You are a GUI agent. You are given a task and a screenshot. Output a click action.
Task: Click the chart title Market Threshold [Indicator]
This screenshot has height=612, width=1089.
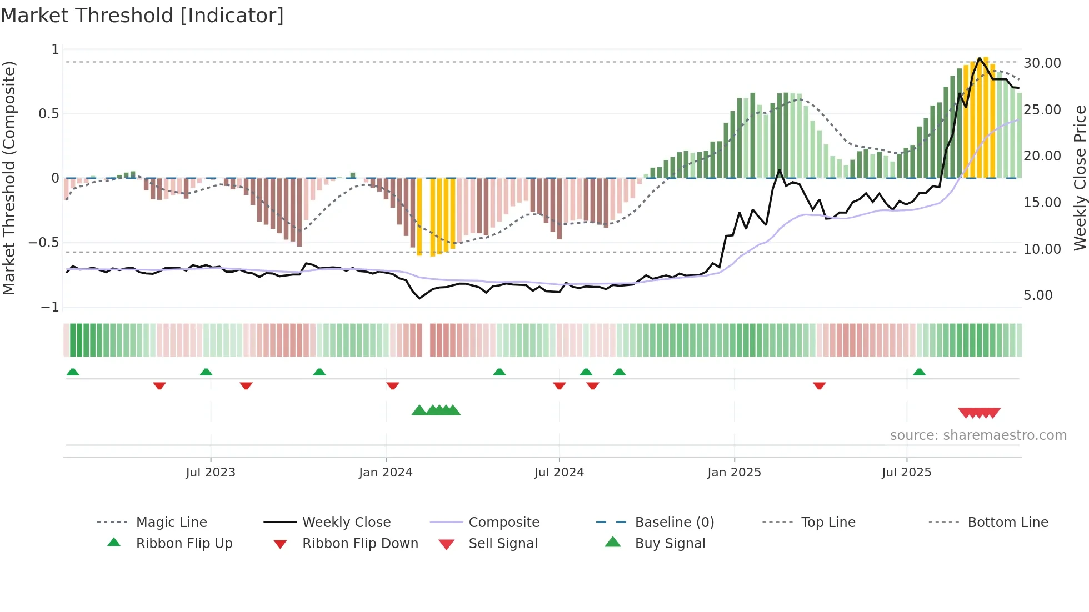(x=142, y=16)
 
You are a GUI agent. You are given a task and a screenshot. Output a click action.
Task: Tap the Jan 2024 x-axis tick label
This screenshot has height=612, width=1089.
(x=386, y=473)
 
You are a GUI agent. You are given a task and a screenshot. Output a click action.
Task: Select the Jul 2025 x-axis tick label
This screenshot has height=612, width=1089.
(x=906, y=473)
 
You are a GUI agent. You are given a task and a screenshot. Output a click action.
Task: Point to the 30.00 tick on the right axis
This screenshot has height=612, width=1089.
(x=1042, y=63)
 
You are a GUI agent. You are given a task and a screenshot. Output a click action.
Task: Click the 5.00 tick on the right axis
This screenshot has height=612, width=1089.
(x=1038, y=295)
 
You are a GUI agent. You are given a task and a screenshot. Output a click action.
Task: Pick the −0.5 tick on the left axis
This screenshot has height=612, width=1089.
(x=43, y=243)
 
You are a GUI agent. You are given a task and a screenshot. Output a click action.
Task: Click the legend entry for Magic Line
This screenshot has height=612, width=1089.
(x=171, y=523)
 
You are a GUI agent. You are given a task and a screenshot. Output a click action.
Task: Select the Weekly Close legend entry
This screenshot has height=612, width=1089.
(x=346, y=523)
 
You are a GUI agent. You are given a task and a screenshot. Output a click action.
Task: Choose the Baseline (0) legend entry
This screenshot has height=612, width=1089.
(x=674, y=523)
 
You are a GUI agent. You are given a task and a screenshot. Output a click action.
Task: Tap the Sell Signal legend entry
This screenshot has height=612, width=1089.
(x=503, y=544)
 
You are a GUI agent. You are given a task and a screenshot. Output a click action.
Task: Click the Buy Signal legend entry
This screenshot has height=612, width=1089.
(x=670, y=544)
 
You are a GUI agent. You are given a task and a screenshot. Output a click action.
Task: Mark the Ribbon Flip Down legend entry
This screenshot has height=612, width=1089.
(x=360, y=544)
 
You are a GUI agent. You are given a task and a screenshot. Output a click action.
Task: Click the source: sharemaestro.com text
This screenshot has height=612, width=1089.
(x=978, y=435)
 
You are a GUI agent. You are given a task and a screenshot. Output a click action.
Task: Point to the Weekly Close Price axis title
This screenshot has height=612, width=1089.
(x=1080, y=178)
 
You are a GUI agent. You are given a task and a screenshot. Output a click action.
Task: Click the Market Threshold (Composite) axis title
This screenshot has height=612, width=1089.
(x=9, y=178)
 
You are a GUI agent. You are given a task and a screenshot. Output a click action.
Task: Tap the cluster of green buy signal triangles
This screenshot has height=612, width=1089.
(x=437, y=410)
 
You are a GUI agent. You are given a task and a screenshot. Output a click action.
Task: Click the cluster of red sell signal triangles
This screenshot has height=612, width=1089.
(x=979, y=413)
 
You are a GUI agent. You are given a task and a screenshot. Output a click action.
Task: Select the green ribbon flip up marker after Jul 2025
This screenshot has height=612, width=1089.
(x=919, y=372)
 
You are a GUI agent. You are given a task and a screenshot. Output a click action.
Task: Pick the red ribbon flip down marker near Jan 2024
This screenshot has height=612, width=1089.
(x=393, y=385)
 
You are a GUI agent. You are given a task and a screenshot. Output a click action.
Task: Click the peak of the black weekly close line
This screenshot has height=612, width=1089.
(x=980, y=58)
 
